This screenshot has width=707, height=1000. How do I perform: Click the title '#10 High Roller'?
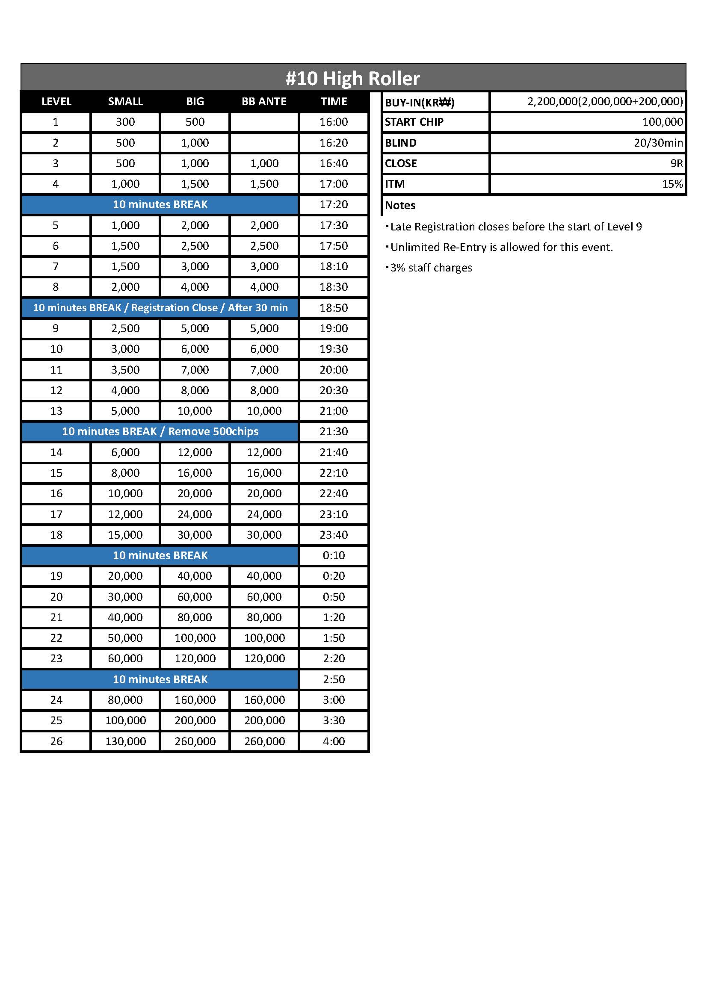coord(353,78)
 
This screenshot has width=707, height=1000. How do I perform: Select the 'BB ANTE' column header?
coord(264,101)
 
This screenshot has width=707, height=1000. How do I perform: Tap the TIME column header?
coord(334,101)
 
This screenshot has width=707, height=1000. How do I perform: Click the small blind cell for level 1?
coord(125,122)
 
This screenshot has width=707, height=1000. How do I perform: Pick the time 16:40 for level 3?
coord(334,163)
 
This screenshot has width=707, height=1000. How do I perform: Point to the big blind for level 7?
coord(195,266)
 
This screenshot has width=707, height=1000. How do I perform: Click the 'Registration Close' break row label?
coord(160,308)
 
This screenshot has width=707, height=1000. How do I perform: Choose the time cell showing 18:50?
coord(334,308)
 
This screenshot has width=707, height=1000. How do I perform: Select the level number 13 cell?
coord(56,411)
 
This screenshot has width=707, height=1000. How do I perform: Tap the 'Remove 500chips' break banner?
coord(160,432)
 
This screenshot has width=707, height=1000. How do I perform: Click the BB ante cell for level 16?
coord(264,493)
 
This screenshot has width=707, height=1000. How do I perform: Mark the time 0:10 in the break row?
coord(334,555)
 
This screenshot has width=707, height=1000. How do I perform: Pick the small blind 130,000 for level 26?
coord(125,741)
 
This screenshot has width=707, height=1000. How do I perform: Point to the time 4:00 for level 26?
coord(334,741)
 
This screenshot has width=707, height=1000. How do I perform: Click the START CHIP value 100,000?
coord(662,122)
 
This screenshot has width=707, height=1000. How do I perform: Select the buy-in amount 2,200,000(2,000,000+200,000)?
coord(605,101)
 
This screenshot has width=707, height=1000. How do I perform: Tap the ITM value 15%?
coord(672,184)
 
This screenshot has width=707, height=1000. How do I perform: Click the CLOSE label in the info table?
coord(401,163)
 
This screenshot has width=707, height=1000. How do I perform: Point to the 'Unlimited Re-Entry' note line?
coord(501,248)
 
